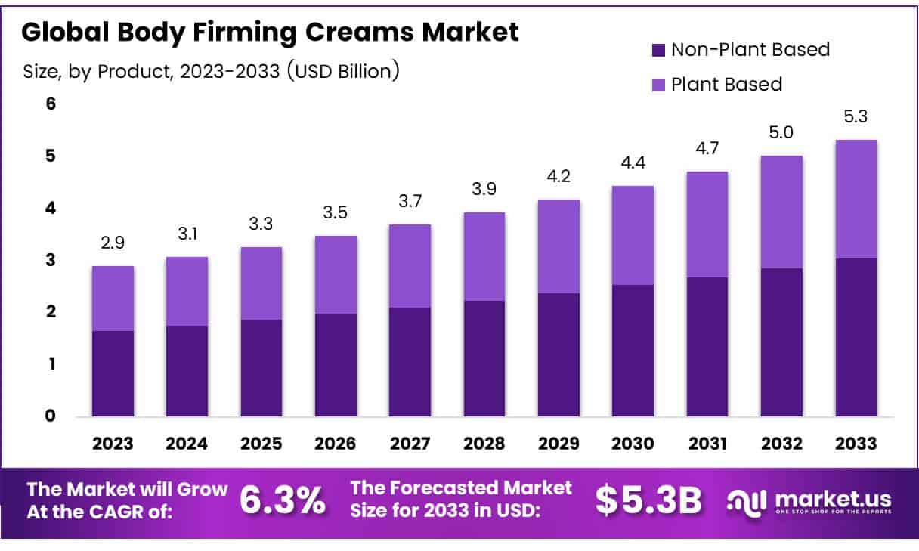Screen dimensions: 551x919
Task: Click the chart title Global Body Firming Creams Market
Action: pyautogui.click(x=270, y=32)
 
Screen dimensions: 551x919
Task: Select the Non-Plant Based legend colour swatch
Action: pyautogui.click(x=657, y=51)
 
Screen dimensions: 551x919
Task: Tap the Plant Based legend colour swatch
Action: pyautogui.click(x=657, y=85)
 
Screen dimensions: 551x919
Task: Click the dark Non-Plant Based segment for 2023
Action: pyautogui.click(x=113, y=373)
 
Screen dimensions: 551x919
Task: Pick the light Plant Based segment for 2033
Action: pyautogui.click(x=856, y=199)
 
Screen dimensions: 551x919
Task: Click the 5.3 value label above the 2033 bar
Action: pyautogui.click(x=856, y=117)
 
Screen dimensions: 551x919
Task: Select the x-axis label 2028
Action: pyautogui.click(x=484, y=444)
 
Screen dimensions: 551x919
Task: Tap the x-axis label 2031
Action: pyautogui.click(x=707, y=444)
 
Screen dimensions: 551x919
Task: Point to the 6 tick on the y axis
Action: pyautogui.click(x=51, y=104)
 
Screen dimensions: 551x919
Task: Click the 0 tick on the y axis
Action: pyautogui.click(x=51, y=416)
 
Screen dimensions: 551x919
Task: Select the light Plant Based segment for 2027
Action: pyautogui.click(x=410, y=266)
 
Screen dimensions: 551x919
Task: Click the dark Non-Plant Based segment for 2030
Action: pyautogui.click(x=633, y=350)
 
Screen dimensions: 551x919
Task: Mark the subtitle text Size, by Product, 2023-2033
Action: pyautogui.click(x=211, y=72)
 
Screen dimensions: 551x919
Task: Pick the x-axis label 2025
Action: pyautogui.click(x=261, y=444)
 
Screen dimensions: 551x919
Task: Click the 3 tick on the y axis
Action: pyautogui.click(x=51, y=260)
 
